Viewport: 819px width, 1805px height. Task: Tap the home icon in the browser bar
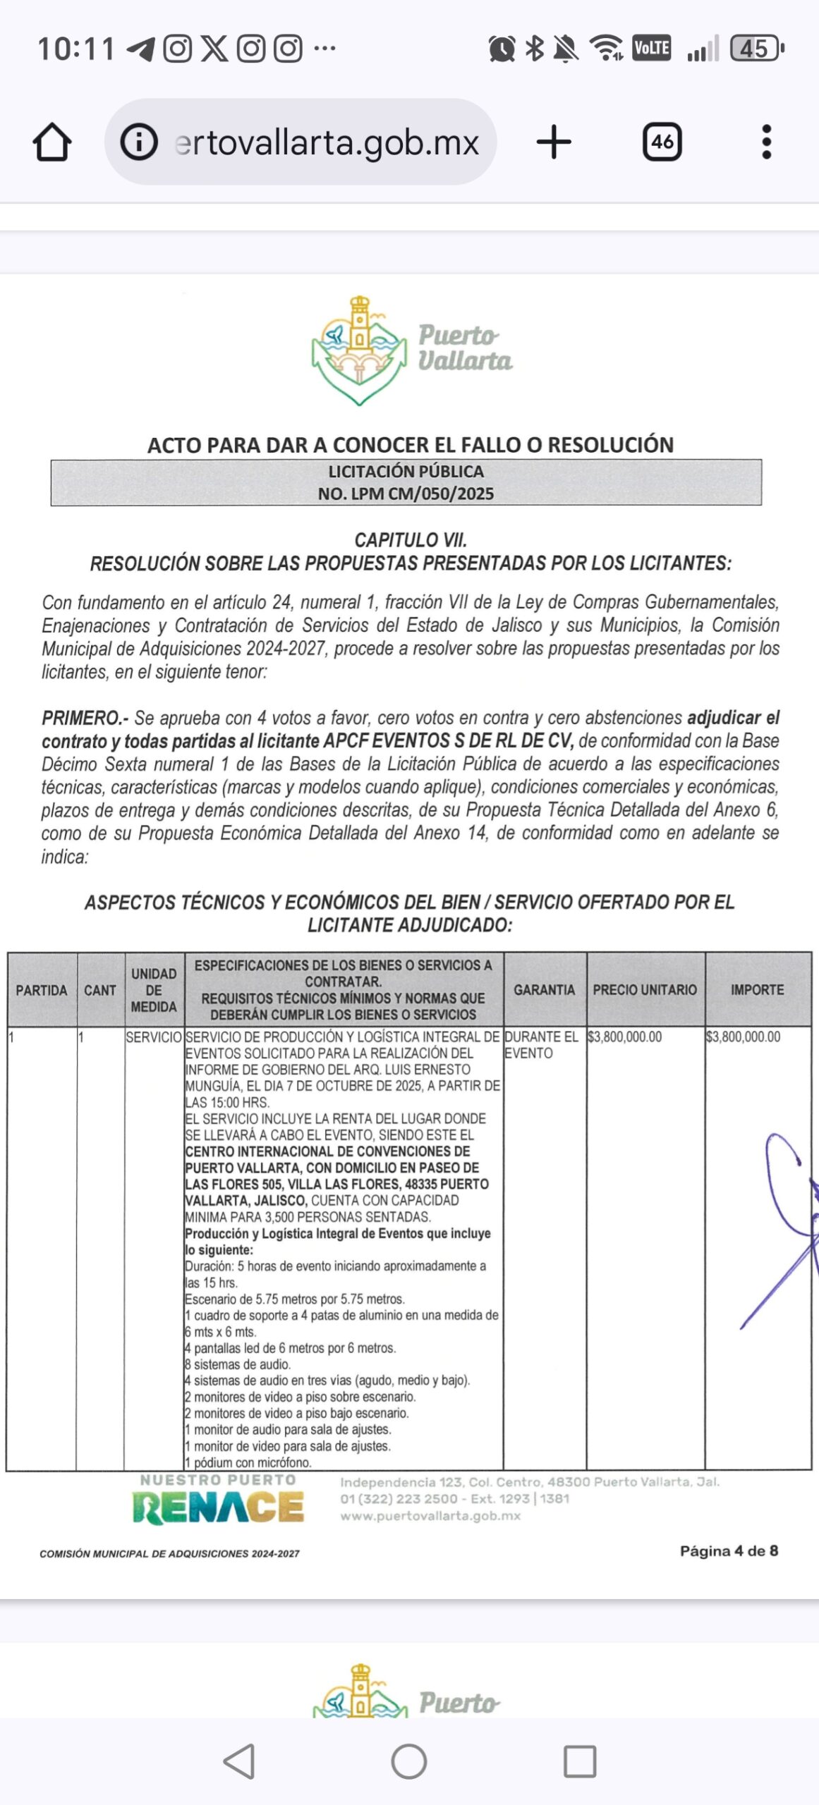52,142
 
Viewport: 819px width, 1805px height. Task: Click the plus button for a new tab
554,142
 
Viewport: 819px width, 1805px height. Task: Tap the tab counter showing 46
662,142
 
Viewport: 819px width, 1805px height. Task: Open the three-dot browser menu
767,142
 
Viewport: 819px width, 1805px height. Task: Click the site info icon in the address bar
139,142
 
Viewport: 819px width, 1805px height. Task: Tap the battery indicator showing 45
756,49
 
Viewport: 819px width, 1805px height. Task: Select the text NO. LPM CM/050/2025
406,494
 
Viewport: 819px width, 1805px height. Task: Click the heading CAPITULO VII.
411,540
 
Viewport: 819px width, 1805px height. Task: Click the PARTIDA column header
42,990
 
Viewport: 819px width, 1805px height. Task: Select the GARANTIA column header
544,990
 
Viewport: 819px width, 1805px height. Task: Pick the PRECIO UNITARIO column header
645,990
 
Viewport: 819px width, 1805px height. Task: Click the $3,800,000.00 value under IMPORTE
744,1037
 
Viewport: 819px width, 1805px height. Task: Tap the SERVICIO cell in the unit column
154,1037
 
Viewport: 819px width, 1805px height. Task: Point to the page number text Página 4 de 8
729,1550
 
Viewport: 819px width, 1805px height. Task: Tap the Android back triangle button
240,1761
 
